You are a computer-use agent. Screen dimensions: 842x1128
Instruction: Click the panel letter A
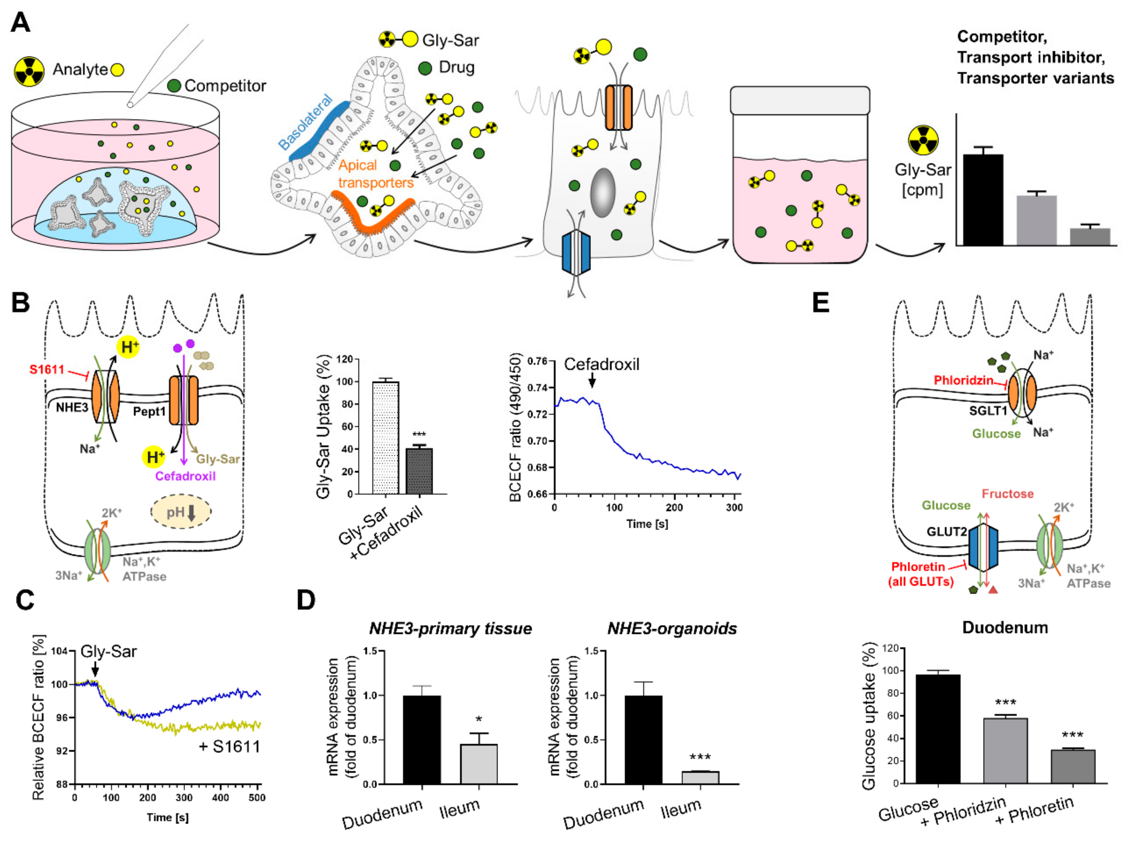(20, 23)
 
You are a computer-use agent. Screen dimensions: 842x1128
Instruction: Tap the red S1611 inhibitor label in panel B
(47, 369)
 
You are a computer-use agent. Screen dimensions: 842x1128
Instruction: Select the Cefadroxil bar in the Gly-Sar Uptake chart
(419, 471)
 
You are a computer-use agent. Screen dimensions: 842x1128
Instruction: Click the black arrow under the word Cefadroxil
(591, 380)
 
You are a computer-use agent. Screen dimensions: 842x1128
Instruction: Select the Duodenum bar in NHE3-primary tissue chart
(422, 739)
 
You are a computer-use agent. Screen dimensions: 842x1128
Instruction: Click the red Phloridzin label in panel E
(963, 380)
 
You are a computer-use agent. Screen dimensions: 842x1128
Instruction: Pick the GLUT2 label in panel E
(946, 532)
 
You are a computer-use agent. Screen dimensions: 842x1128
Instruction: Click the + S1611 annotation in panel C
(229, 747)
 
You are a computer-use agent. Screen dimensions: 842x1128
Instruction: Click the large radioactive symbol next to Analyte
(29, 71)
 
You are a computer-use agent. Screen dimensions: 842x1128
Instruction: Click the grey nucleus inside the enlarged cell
(603, 193)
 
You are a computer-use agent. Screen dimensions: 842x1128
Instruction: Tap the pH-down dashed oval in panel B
(181, 511)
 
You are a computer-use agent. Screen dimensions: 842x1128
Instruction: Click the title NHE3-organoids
(672, 628)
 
